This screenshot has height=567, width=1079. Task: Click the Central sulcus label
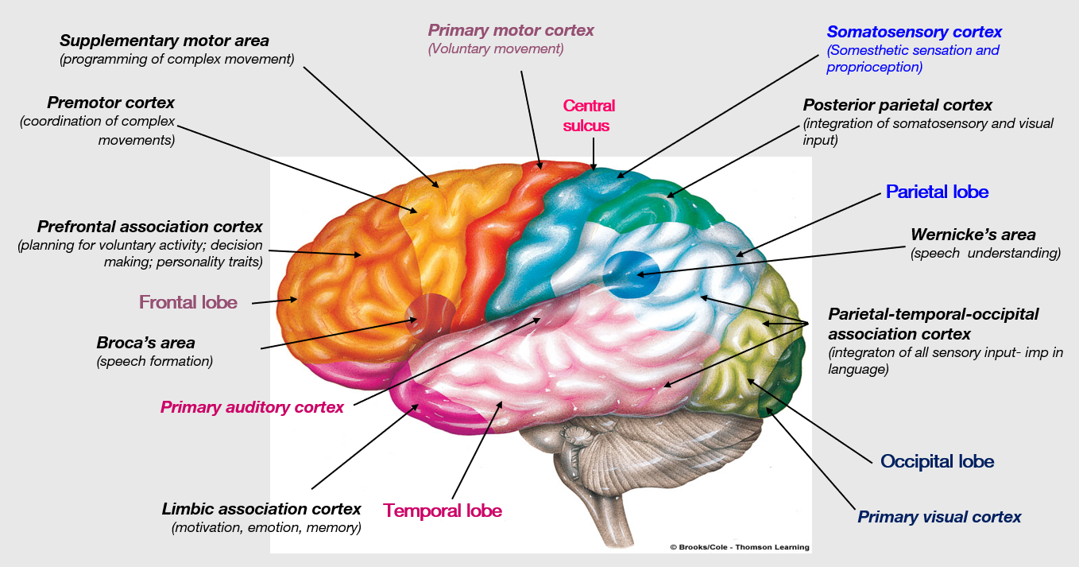[x=589, y=115]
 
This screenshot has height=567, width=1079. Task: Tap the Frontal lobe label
[x=188, y=302]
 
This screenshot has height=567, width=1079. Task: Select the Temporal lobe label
[x=443, y=511]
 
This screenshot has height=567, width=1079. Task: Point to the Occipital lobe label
[x=937, y=461]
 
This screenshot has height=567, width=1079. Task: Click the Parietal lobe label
[x=937, y=192]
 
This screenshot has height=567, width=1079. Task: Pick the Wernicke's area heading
[x=973, y=235]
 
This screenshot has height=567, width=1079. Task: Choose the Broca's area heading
[x=145, y=344]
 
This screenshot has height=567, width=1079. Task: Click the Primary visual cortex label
[x=939, y=517]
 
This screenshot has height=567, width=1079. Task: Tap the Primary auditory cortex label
[x=252, y=407]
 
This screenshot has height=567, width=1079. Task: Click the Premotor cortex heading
[x=110, y=103]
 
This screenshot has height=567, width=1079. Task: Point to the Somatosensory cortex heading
[x=914, y=33]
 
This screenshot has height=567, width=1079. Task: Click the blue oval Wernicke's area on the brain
[x=625, y=274]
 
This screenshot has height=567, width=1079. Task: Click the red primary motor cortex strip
[x=493, y=239]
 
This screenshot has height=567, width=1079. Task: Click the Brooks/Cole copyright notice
[x=739, y=547]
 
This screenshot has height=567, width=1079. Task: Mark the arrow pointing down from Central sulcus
[x=593, y=153]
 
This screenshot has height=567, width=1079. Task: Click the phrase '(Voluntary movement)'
[x=496, y=49]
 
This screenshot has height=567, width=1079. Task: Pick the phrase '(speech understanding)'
[x=985, y=253]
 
